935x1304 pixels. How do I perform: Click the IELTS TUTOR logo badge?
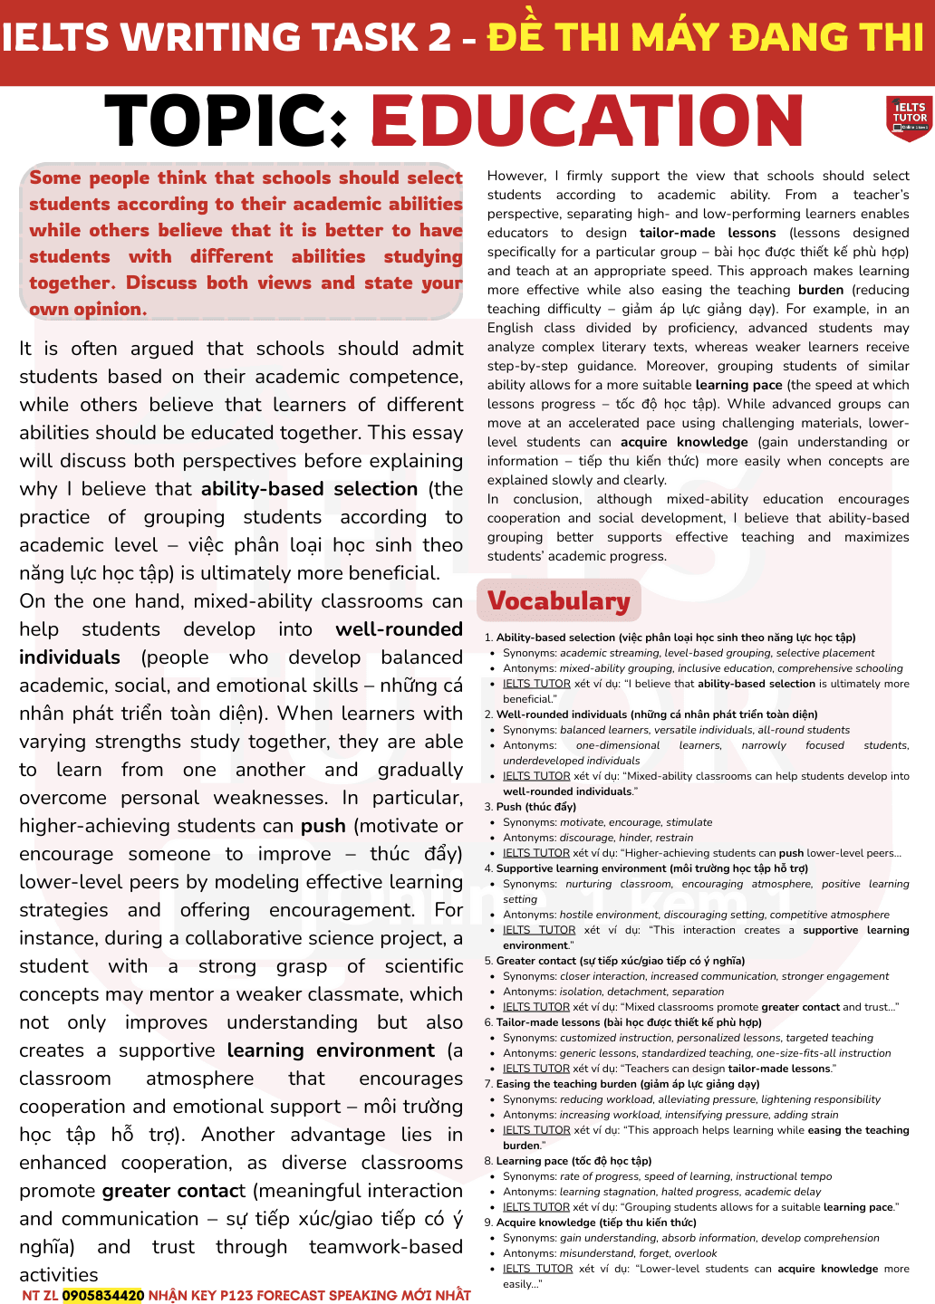tap(909, 119)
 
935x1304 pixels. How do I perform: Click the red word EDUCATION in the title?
tap(586, 122)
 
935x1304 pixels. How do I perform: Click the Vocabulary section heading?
tap(558, 601)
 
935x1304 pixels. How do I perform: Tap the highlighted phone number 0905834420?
tap(103, 1295)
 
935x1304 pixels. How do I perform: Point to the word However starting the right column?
tap(516, 176)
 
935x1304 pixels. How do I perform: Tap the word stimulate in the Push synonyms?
tap(689, 822)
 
